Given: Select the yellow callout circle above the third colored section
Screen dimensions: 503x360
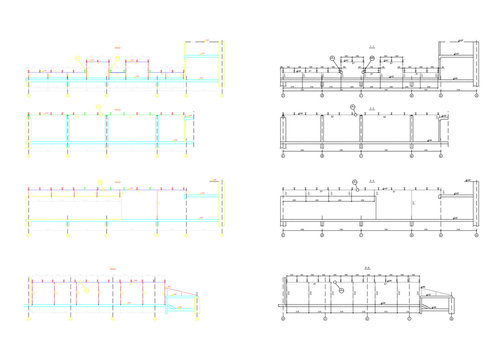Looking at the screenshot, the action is point(100,182).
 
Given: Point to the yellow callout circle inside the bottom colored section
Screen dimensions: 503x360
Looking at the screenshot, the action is point(86,288).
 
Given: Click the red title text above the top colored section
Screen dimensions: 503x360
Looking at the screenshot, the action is point(117,48).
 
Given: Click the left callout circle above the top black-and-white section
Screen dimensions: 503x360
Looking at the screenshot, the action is point(333,60).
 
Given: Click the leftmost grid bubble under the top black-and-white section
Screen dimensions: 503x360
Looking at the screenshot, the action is point(283,99).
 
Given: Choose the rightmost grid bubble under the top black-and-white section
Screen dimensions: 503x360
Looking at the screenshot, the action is point(475,99).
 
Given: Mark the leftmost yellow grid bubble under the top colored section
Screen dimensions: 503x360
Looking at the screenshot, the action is point(29,97).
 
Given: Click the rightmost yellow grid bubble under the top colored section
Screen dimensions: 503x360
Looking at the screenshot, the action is point(222,97).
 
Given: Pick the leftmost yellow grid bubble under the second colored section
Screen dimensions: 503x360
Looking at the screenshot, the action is point(29,160).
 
